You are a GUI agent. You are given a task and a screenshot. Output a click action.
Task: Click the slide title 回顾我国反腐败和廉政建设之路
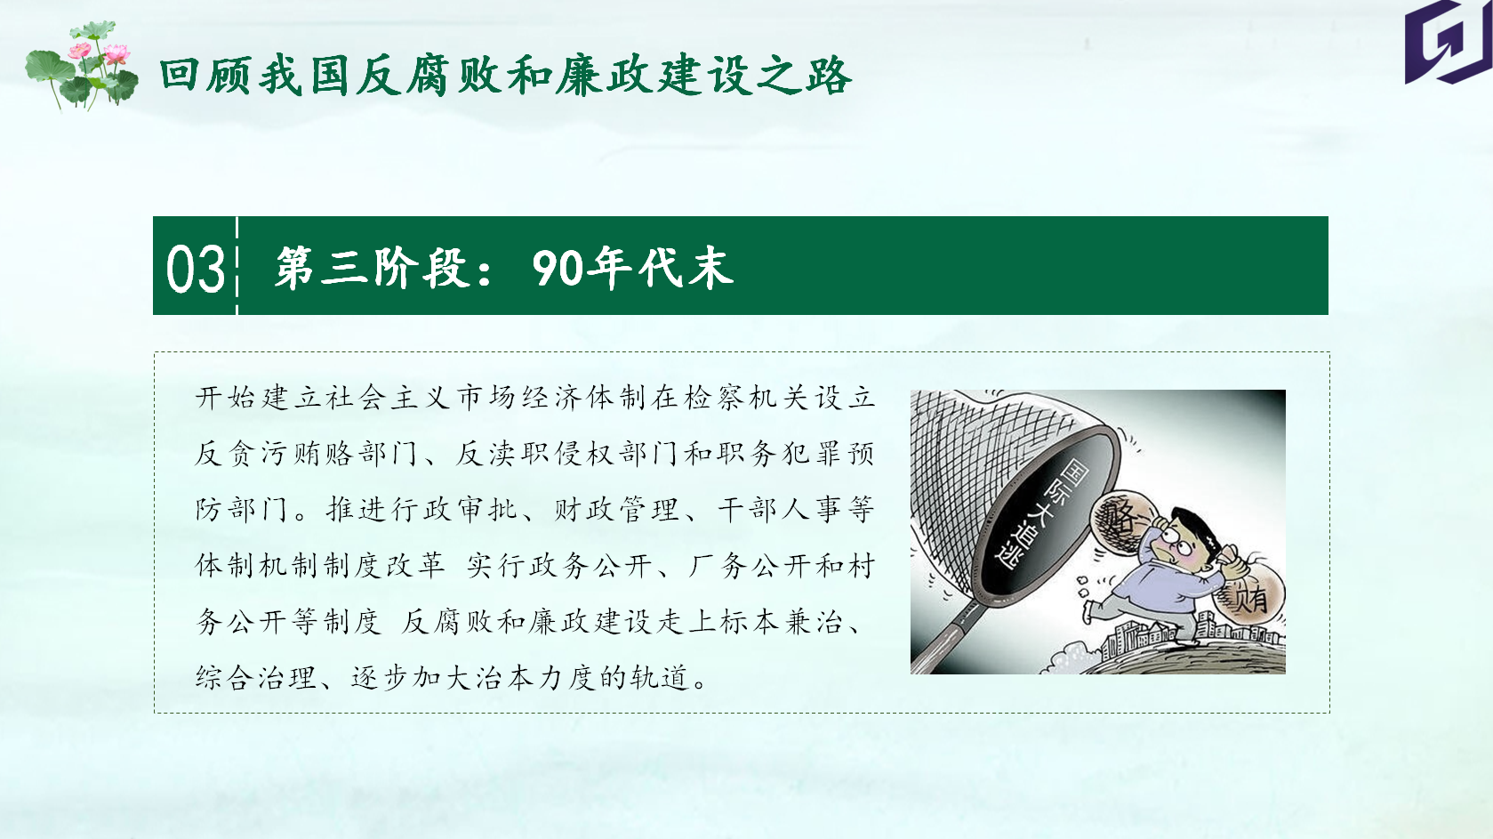[505, 76]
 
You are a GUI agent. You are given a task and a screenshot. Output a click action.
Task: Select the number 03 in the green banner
[196, 268]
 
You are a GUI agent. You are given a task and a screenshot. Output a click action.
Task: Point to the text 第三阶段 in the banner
[371, 268]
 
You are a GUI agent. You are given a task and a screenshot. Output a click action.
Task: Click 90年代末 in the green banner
[632, 268]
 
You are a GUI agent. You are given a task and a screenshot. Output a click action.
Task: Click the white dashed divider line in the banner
[237, 265]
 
